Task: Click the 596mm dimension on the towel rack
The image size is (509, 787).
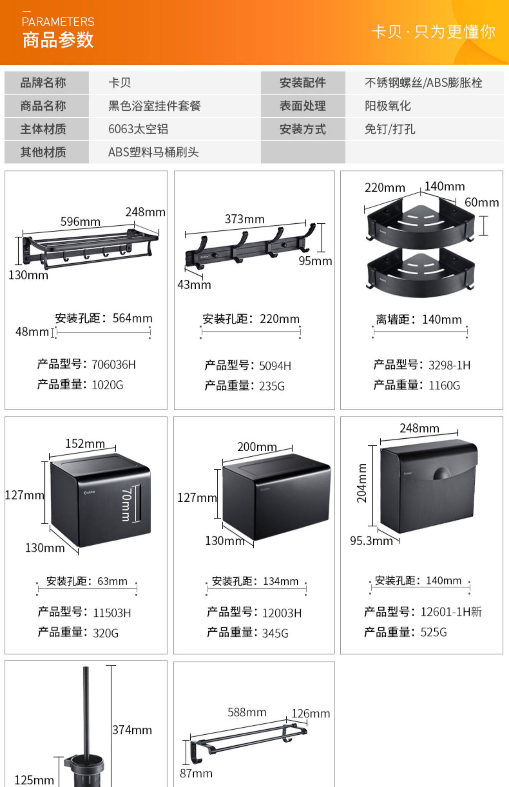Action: [x=80, y=222]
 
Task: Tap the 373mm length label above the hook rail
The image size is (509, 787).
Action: [x=244, y=219]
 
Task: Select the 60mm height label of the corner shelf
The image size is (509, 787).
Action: [x=482, y=202]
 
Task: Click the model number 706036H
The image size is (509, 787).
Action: [x=114, y=365]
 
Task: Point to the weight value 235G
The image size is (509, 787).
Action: [x=272, y=386]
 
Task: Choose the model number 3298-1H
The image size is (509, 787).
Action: [x=449, y=365]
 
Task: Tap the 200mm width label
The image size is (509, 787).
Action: [x=257, y=447]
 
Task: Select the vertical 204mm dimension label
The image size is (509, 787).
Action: [x=362, y=483]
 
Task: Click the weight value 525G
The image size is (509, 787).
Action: [x=434, y=632]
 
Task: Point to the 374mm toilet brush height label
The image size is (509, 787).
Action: [x=132, y=730]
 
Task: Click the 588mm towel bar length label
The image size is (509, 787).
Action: [x=247, y=712]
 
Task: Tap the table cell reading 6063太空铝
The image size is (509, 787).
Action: [x=138, y=129]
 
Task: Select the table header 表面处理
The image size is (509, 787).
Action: [x=303, y=106]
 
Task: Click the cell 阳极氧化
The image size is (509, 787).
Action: [x=388, y=106]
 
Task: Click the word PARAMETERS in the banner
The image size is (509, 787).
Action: [x=58, y=22]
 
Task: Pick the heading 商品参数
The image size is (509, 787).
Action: [x=58, y=40]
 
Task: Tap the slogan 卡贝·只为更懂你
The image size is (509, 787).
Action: [x=433, y=32]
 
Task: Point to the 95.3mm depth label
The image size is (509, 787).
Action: [x=371, y=541]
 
